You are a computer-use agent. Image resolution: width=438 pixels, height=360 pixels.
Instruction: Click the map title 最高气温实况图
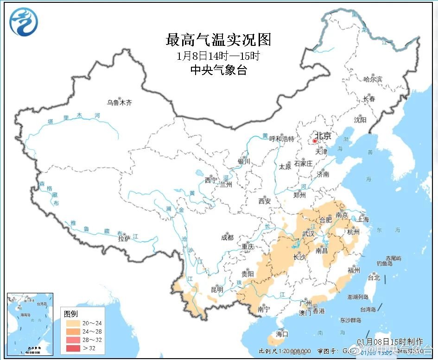tap(218, 40)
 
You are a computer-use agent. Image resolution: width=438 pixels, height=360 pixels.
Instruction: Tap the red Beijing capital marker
tap(315, 140)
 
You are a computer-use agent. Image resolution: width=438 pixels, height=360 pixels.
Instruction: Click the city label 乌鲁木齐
tap(119, 103)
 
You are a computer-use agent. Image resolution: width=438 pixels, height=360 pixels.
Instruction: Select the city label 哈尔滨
tap(373, 80)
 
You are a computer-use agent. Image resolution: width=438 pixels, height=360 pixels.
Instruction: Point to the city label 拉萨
tap(124, 239)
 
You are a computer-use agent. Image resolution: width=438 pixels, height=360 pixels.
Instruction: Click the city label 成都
tap(228, 239)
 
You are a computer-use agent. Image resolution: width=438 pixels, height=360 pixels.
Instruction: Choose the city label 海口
tap(282, 334)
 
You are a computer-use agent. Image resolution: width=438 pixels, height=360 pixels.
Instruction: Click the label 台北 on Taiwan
tap(374, 278)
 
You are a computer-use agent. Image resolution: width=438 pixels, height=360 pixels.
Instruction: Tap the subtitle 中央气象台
tap(218, 70)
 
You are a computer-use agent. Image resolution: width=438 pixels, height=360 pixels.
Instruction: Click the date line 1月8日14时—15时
tap(218, 57)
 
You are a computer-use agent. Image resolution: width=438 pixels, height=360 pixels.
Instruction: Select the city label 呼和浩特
tap(282, 139)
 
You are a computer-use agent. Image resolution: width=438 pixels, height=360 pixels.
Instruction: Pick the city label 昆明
tap(217, 290)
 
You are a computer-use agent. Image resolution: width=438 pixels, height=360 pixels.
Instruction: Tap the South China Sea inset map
tap(30, 324)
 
